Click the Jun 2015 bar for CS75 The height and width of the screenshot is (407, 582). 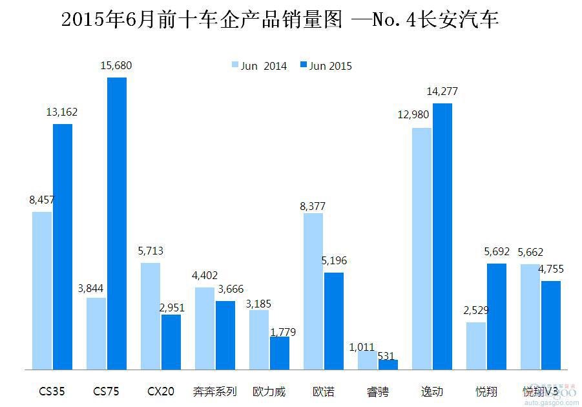(x=117, y=224)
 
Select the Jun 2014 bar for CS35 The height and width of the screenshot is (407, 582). (x=42, y=291)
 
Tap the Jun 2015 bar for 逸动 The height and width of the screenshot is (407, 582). (x=442, y=236)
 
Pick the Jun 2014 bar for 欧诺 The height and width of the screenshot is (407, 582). (x=313, y=291)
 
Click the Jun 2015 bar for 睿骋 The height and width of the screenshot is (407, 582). (x=388, y=365)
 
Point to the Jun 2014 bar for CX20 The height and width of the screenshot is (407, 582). (x=151, y=316)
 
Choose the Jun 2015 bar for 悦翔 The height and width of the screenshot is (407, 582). (x=497, y=317)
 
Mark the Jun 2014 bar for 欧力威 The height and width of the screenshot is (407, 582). (x=259, y=340)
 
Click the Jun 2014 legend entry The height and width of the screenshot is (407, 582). (x=259, y=65)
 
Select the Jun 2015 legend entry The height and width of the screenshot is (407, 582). (x=326, y=65)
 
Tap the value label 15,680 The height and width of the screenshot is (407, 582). (x=116, y=65)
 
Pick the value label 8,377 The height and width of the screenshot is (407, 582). (x=313, y=207)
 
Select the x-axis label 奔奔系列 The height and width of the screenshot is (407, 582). (x=215, y=391)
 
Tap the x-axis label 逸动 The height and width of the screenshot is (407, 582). (x=431, y=391)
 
